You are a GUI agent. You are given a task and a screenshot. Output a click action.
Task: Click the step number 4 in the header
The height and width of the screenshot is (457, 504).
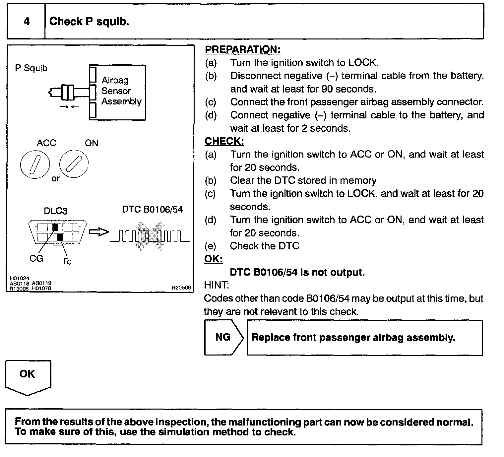(x=27, y=22)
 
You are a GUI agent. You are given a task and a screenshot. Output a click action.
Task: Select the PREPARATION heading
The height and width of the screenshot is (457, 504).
(x=242, y=50)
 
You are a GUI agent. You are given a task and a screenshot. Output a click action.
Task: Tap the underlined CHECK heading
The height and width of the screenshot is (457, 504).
(x=224, y=141)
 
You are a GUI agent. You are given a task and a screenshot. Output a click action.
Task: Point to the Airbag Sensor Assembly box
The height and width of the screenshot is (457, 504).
(x=118, y=92)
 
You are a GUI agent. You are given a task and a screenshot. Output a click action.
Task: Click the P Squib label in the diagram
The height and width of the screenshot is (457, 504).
(x=31, y=68)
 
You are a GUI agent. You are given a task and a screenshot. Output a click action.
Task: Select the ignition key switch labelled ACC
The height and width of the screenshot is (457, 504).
(x=35, y=164)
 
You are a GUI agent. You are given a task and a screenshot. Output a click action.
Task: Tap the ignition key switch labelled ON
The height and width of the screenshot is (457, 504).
(x=74, y=163)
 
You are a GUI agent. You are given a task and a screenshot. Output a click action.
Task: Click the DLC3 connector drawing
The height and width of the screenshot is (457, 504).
(x=57, y=232)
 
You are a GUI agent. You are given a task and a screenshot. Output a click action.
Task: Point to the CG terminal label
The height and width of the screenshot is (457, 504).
(x=36, y=258)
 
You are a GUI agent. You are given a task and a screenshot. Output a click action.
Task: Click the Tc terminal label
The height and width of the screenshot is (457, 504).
(x=67, y=261)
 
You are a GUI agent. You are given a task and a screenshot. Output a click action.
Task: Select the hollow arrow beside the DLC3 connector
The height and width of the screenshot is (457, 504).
(x=99, y=232)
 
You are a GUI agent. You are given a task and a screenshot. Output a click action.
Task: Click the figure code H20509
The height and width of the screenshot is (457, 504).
(x=181, y=288)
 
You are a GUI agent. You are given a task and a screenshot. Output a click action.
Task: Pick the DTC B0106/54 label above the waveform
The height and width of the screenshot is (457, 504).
(x=152, y=210)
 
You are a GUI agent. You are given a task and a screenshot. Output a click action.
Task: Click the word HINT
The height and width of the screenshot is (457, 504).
(x=216, y=285)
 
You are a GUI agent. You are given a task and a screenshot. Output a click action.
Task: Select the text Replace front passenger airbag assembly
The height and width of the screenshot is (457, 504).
(x=353, y=338)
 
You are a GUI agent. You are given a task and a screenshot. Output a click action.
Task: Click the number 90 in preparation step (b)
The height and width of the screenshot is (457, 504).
(x=327, y=89)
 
